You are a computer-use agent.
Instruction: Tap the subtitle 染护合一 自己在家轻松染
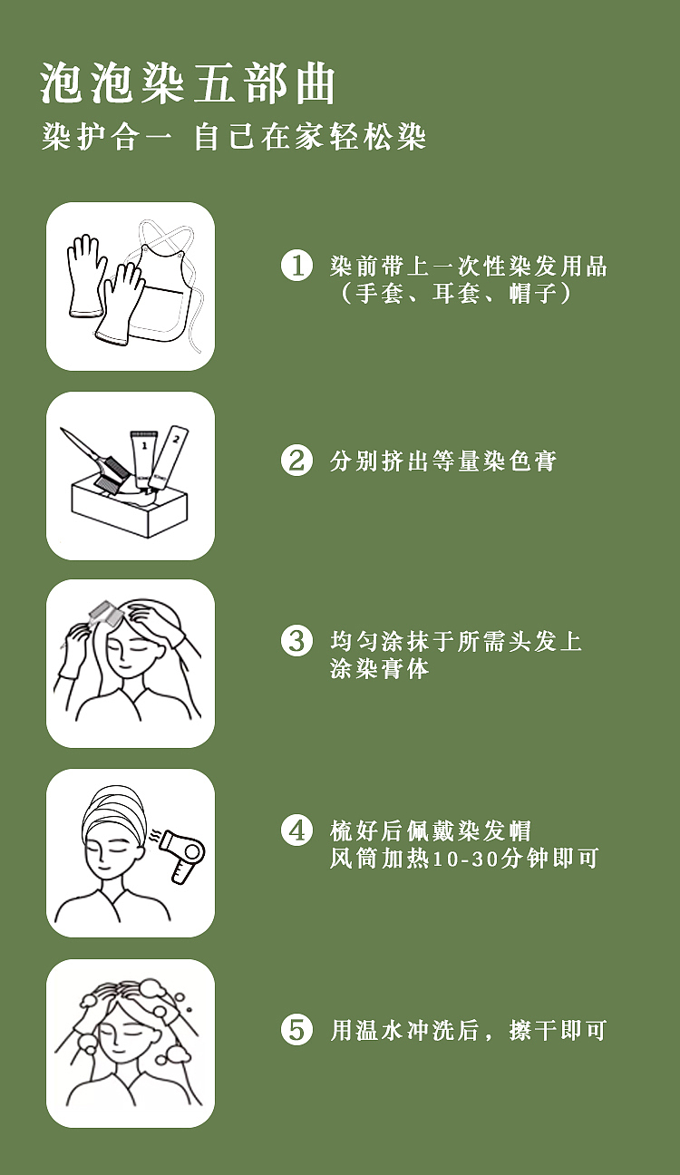(234, 138)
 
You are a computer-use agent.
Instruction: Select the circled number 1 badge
(297, 265)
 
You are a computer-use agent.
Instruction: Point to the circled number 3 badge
(297, 640)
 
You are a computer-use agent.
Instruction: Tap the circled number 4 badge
(297, 830)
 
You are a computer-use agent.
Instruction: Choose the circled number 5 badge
(297, 1029)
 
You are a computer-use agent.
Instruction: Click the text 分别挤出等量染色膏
(442, 461)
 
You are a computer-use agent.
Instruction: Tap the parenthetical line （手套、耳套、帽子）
(455, 293)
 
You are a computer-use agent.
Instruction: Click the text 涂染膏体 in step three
(379, 668)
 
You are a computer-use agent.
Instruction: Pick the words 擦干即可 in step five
(558, 1030)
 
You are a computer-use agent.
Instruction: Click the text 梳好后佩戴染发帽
(431, 830)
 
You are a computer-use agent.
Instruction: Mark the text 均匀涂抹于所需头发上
(456, 641)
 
